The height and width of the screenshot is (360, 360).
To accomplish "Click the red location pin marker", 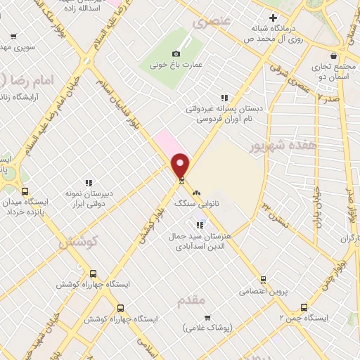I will pyautogui.click(x=181, y=165).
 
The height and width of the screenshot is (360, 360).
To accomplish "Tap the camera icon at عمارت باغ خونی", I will pyautogui.click(x=176, y=53).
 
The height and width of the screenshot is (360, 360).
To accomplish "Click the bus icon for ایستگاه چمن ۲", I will pyautogui.click(x=304, y=307).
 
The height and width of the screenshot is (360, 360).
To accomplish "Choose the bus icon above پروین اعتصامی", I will pyautogui.click(x=263, y=280).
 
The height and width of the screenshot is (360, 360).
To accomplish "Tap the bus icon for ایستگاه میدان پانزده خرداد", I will pyautogui.click(x=25, y=191).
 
